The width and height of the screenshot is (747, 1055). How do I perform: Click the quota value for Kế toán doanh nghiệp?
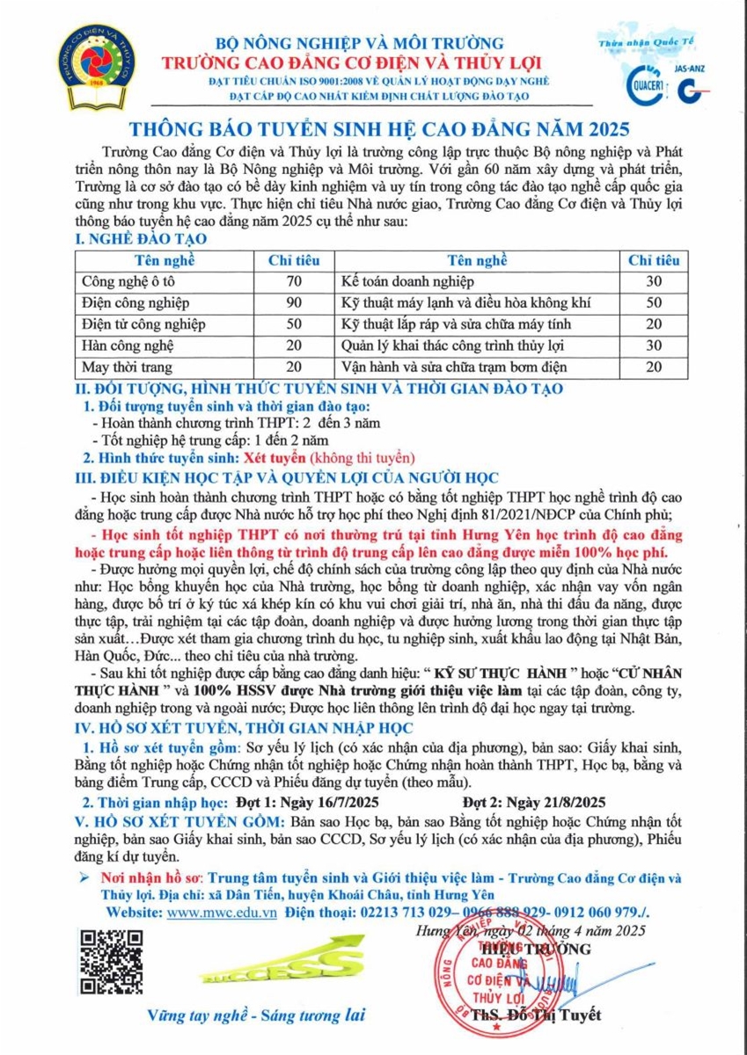(653, 281)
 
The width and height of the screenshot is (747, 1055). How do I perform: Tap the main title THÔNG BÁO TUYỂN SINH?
(373, 126)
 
